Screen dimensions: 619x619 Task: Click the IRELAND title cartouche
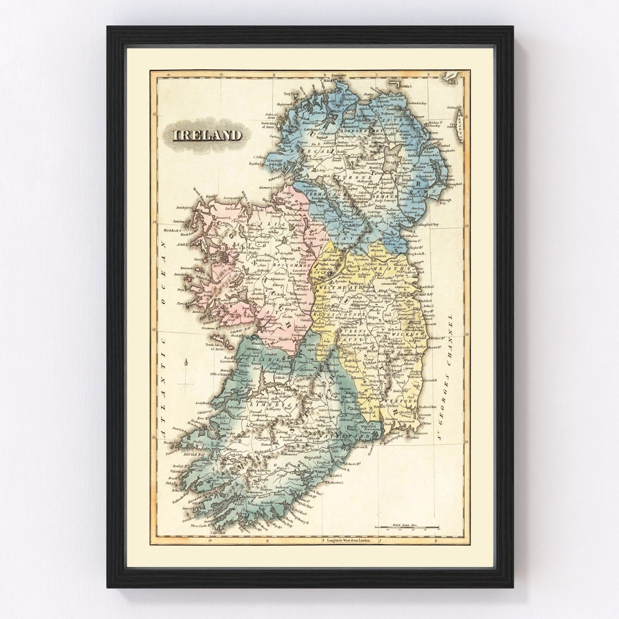tap(208, 135)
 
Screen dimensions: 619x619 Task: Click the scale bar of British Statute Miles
tap(406, 526)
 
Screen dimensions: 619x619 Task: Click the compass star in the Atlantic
tap(187, 362)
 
